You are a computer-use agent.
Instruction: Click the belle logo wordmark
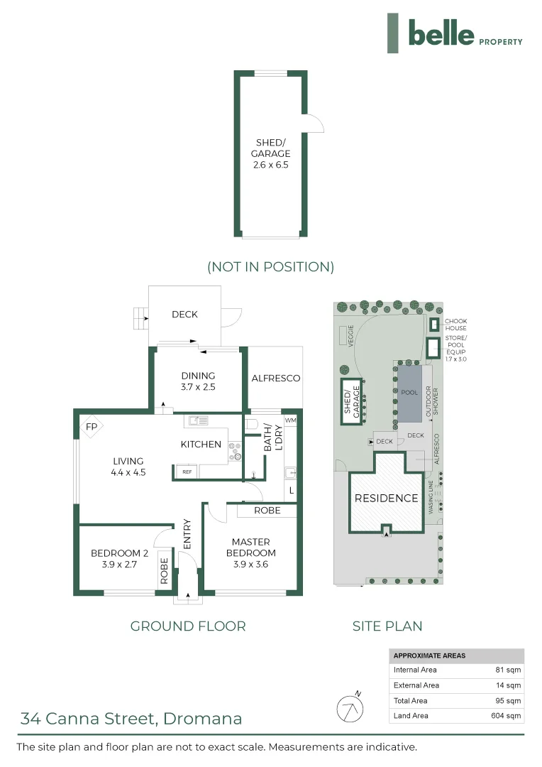point(441,33)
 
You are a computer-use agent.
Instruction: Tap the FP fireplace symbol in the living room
point(92,427)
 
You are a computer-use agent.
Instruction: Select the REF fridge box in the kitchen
point(187,472)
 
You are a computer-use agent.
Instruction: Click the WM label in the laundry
point(290,420)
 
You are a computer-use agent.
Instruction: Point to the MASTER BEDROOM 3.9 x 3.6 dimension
point(250,564)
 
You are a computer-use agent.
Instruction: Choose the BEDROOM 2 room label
point(119,553)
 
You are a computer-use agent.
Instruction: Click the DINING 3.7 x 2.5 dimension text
point(198,386)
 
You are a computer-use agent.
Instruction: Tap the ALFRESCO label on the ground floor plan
point(276,378)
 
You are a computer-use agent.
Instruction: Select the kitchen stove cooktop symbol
point(235,452)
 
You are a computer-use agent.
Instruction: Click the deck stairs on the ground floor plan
point(140,318)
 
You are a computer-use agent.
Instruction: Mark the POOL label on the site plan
point(409,392)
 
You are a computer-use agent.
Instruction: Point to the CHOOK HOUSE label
point(455,325)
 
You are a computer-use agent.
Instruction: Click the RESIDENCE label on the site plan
point(386,498)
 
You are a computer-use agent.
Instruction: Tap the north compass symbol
point(350,708)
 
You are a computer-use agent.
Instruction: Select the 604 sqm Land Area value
point(506,716)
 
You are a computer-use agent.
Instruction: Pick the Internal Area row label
point(415,670)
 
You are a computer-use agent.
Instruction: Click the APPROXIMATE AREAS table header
point(429,656)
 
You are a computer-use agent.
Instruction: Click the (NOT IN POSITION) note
point(271,266)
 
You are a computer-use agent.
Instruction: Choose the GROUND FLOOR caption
point(188,626)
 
